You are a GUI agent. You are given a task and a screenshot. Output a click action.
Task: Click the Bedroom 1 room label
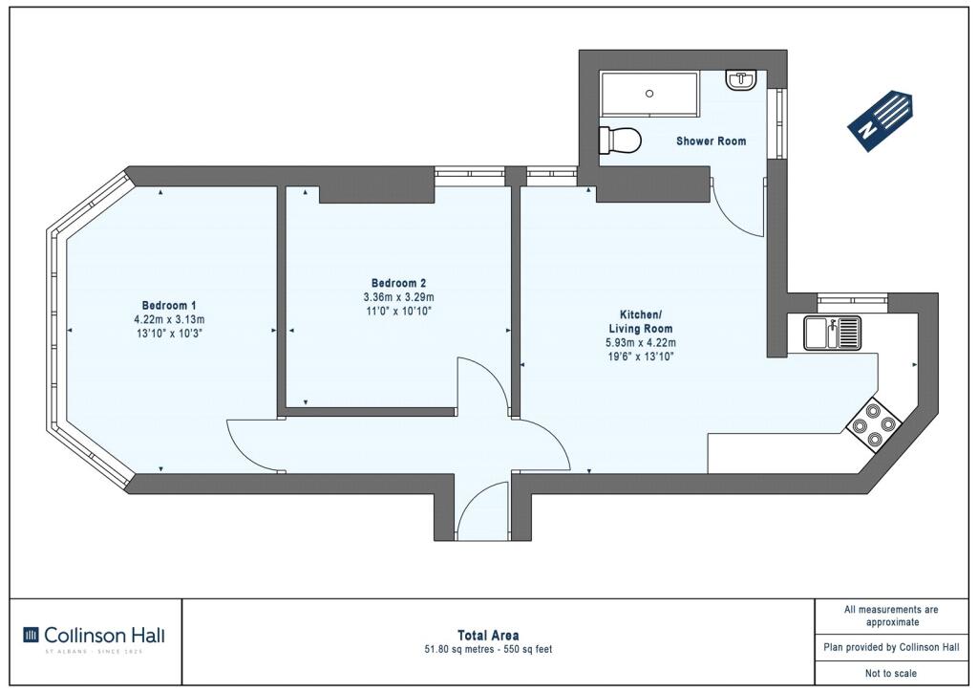(169, 306)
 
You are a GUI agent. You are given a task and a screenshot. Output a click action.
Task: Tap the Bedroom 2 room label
(398, 283)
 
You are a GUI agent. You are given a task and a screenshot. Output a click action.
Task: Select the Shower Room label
(711, 141)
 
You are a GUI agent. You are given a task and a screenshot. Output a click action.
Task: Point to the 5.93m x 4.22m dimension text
(641, 342)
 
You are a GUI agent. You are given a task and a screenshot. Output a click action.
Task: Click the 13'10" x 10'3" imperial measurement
(170, 334)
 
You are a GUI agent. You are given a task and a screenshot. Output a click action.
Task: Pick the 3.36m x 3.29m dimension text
(398, 297)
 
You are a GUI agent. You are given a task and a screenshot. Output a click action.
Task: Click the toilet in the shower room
(619, 141)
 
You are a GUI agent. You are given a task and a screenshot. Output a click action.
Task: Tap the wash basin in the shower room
(741, 80)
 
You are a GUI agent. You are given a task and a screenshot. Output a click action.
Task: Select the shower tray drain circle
(649, 94)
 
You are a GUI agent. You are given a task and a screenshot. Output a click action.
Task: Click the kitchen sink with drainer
(832, 333)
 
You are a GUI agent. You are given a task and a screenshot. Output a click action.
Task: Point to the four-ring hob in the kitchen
(874, 425)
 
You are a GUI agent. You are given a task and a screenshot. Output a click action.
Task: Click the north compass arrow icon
(881, 120)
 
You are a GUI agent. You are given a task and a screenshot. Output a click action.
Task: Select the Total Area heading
(488, 636)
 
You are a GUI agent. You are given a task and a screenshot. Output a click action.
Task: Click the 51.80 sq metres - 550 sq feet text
(488, 650)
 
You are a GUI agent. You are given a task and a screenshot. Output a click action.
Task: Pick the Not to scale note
(891, 673)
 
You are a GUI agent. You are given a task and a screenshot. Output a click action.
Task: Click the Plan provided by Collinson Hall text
(891, 647)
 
